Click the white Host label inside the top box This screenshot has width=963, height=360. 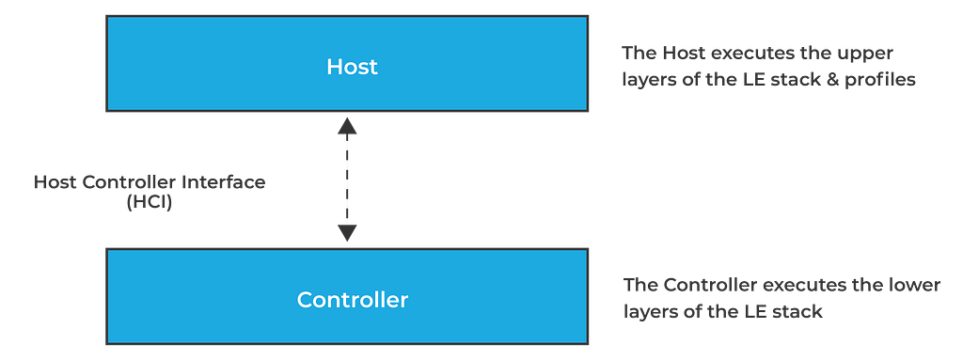[352, 67]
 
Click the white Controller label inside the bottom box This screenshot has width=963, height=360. [353, 300]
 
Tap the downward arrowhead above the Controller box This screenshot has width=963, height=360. [347, 232]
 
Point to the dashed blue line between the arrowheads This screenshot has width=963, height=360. [347, 180]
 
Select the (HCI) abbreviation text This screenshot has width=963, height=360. [150, 201]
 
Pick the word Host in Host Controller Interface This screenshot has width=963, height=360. [52, 182]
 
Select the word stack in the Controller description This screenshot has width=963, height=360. [798, 311]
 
